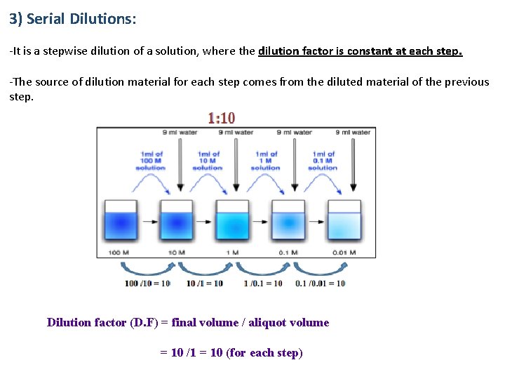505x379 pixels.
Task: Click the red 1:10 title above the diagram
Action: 221,118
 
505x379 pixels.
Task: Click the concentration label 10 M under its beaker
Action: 175,253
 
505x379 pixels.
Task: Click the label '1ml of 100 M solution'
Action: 151,161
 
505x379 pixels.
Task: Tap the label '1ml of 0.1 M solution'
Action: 323,161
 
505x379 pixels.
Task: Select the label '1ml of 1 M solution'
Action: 265,161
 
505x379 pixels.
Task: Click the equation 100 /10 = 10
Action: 147,284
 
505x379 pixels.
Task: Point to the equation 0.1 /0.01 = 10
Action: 320,284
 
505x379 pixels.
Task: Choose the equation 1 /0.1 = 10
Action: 262,284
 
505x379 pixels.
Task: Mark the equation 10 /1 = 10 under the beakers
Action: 204,284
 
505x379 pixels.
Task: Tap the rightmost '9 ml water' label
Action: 352,132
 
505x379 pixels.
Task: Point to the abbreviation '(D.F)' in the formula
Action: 145,323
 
